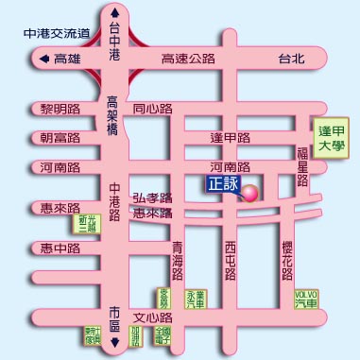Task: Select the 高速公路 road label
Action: point(189,59)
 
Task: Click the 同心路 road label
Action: point(152,109)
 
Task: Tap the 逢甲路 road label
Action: point(230,138)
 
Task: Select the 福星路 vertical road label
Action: point(303,167)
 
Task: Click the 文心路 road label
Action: point(152,317)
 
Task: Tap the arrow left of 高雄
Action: point(43,59)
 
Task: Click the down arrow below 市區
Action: point(115,342)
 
